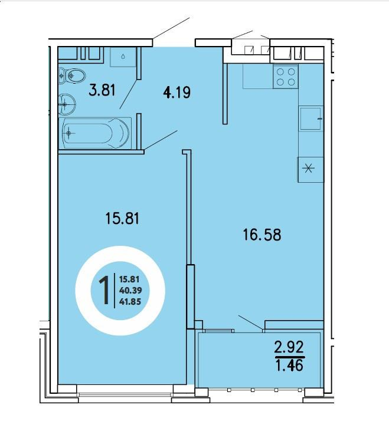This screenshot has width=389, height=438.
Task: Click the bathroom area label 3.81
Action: click(x=102, y=90)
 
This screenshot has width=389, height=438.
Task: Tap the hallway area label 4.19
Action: click(x=176, y=93)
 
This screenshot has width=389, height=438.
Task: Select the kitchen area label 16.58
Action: click(x=262, y=235)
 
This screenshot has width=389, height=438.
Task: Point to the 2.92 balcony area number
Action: click(x=289, y=347)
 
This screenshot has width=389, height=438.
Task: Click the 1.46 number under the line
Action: click(x=289, y=365)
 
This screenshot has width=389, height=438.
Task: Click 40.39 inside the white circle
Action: click(x=130, y=291)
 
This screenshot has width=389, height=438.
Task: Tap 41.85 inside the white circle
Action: click(x=130, y=302)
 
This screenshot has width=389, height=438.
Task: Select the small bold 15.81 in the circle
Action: click(x=129, y=279)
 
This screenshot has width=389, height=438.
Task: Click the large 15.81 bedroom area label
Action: click(x=123, y=219)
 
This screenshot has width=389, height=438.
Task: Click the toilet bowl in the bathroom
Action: click(x=73, y=75)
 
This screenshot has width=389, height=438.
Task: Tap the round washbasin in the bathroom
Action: click(x=67, y=104)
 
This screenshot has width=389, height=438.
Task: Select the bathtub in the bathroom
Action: click(x=95, y=133)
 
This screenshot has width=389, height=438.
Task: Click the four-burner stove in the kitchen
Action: click(x=286, y=77)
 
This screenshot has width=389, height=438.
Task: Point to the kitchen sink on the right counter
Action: click(x=310, y=118)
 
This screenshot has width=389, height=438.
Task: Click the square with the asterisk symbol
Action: click(x=310, y=170)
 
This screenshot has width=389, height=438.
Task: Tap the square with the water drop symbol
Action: click(x=123, y=57)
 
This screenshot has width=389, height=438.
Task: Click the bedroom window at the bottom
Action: click(x=125, y=394)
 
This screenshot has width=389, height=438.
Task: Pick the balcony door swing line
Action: click(x=250, y=322)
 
